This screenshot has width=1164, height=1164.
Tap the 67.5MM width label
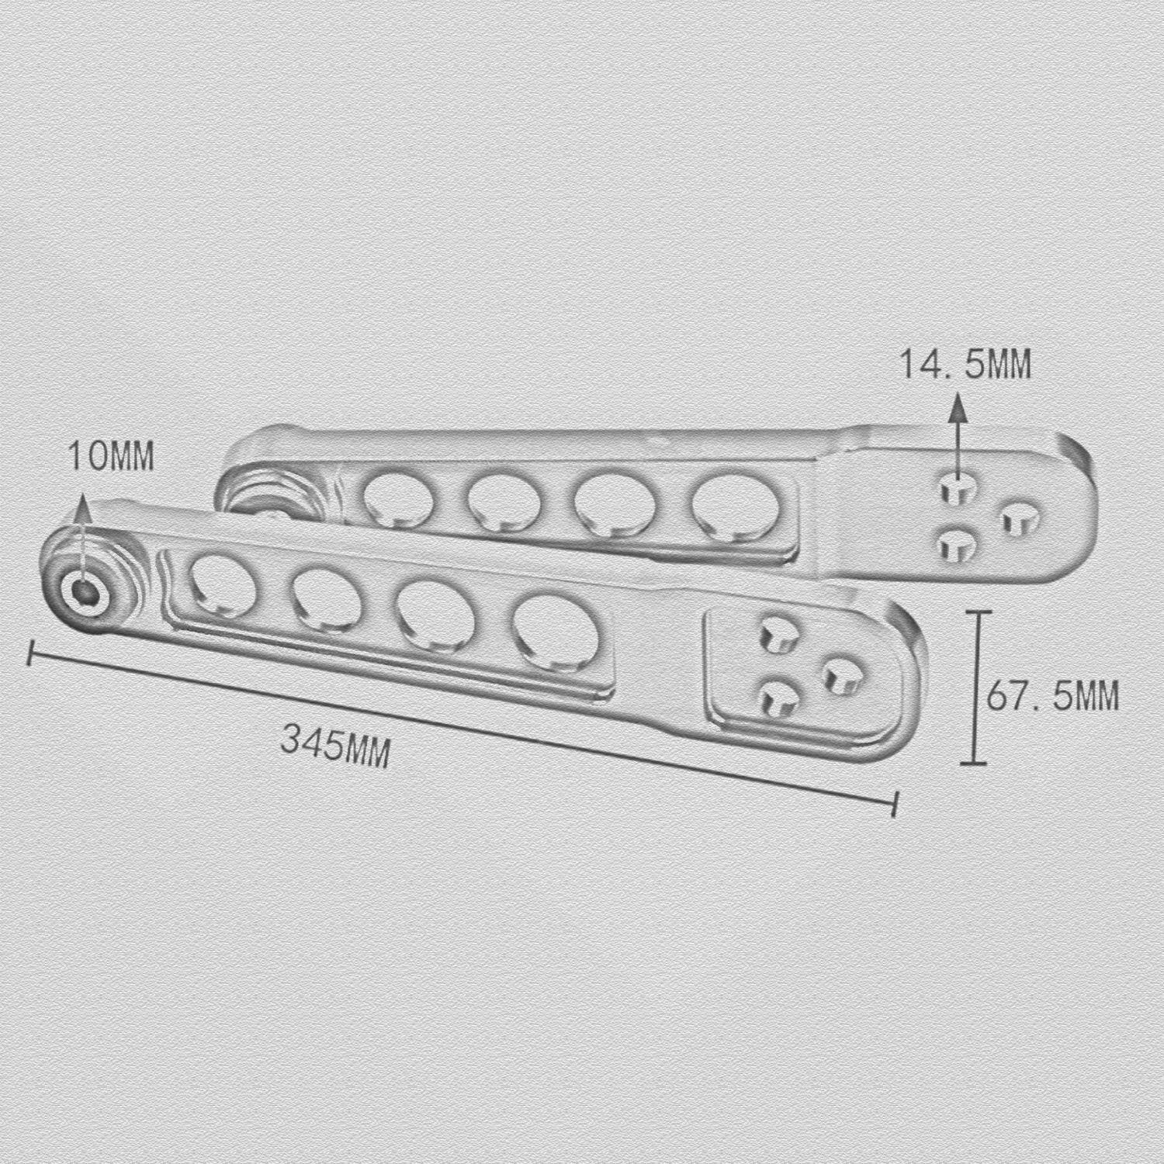pos(1053,695)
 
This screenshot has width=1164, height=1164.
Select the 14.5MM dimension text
pos(965,364)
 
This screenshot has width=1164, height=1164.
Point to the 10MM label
pos(111,456)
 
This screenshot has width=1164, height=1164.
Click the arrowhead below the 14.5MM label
pos(958,406)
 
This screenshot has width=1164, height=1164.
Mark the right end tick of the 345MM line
pos(896,803)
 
